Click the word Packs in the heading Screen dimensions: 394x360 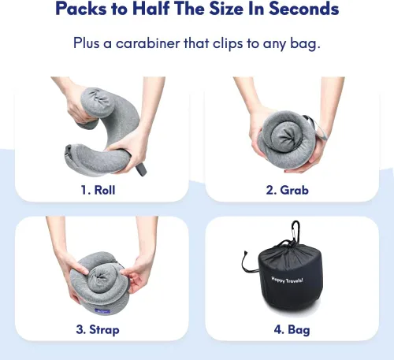click(81, 9)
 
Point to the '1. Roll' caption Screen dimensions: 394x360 click(98, 190)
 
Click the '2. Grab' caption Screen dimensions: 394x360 click(287, 190)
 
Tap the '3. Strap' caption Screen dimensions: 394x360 click(98, 330)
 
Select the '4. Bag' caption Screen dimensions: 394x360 click(292, 330)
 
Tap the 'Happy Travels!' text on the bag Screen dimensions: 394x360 click(287, 280)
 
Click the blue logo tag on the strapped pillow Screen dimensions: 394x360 click(102, 311)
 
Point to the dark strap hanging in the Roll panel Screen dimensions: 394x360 click(141, 169)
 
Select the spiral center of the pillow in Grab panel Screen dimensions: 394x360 click(286, 138)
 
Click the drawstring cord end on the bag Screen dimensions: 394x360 click(245, 253)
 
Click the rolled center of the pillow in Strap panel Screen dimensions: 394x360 click(99, 278)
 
